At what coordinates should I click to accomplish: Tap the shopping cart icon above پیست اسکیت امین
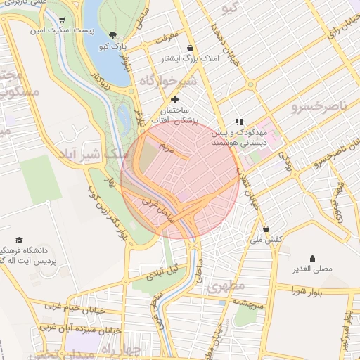[63, 20]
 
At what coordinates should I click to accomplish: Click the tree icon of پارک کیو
[114, 35]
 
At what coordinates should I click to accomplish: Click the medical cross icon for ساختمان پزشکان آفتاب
[174, 99]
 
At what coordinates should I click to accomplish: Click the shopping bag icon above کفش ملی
[266, 229]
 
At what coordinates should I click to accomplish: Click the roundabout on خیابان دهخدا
[248, 84]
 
